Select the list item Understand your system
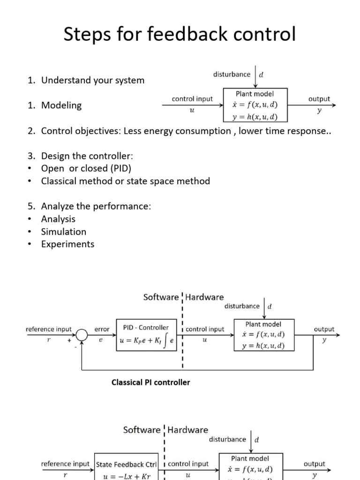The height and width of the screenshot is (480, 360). pyautogui.click(x=93, y=80)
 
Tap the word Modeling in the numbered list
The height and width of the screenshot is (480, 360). pyautogui.click(x=61, y=105)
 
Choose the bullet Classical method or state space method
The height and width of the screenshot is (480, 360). pyautogui.click(x=126, y=181)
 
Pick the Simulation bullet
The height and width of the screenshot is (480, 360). pyautogui.click(x=64, y=232)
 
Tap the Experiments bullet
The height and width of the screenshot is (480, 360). pyautogui.click(x=67, y=244)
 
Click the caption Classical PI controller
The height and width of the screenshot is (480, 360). pyautogui.click(x=150, y=382)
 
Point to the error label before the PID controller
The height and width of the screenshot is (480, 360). pyautogui.click(x=102, y=330)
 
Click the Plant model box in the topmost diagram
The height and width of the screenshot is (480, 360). pyautogui.click(x=255, y=105)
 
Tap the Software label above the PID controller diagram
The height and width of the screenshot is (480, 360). pyautogui.click(x=161, y=297)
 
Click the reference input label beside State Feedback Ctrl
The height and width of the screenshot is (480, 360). pyautogui.click(x=65, y=464)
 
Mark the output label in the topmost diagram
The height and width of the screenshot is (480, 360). pyautogui.click(x=319, y=99)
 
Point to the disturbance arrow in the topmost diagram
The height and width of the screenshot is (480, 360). pyautogui.click(x=255, y=77)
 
